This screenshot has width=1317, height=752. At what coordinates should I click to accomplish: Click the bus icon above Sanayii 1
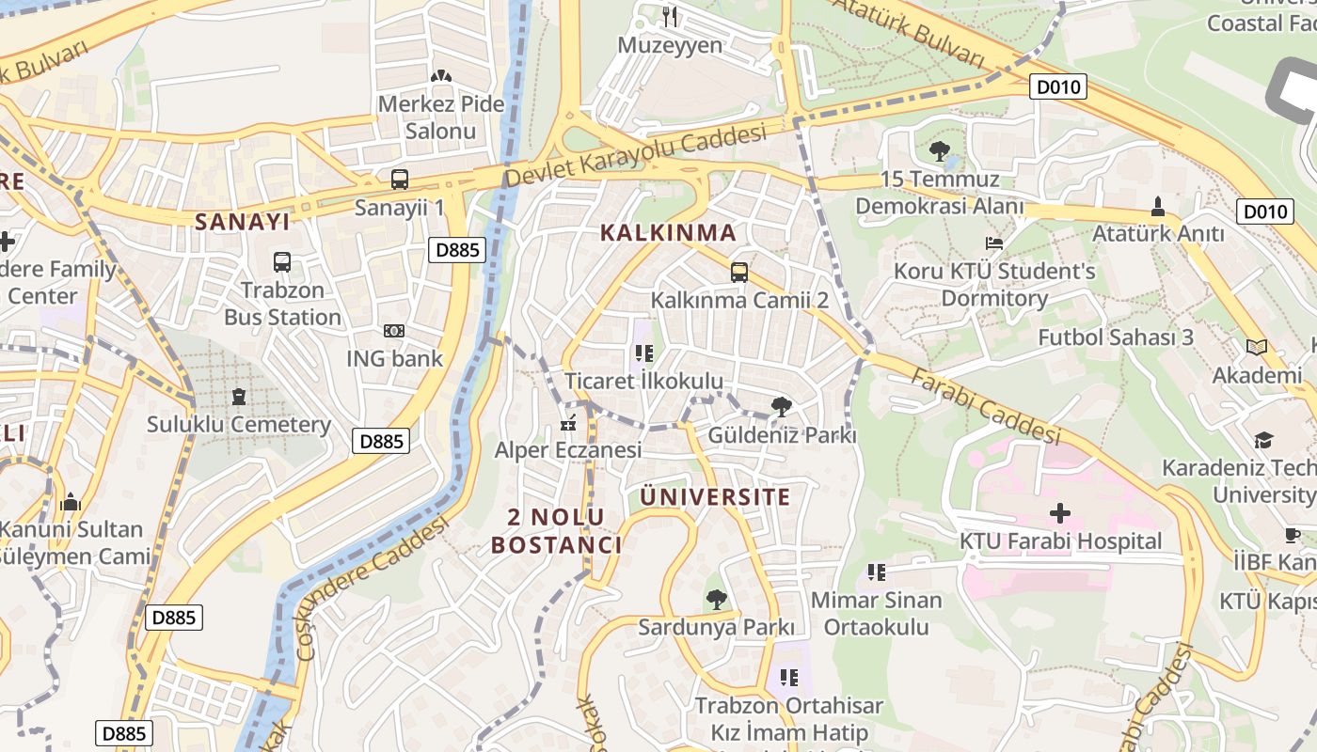(400, 179)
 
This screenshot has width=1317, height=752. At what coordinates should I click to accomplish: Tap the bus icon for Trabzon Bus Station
(282, 262)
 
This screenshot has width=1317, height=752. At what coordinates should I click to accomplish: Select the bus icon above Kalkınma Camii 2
(739, 273)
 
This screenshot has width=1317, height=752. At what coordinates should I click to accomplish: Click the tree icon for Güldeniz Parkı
(781, 407)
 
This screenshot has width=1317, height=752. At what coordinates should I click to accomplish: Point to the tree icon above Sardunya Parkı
(717, 599)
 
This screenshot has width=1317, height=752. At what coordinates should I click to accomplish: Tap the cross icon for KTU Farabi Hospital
(1060, 513)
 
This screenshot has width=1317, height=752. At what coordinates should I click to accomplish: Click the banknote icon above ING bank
(394, 331)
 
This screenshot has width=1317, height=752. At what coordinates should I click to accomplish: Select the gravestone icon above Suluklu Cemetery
(239, 397)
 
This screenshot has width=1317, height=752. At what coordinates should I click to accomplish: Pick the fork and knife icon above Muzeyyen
(670, 16)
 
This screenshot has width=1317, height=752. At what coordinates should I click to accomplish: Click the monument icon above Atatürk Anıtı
(1158, 206)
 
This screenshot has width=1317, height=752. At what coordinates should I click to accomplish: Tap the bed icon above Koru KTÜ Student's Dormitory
(994, 243)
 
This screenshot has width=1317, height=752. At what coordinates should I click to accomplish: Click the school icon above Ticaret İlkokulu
(643, 353)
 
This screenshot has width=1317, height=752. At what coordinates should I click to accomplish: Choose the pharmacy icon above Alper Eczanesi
(567, 423)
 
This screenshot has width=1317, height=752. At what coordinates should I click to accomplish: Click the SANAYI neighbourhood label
(243, 222)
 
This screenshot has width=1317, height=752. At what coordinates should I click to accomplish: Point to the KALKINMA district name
(668, 232)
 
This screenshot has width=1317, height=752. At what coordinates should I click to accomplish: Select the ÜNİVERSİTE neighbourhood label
(715, 496)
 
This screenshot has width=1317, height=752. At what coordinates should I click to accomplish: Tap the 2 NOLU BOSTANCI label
(556, 530)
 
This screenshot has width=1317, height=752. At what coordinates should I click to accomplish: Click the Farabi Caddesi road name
(986, 405)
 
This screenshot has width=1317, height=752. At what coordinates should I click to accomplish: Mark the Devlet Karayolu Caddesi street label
(635, 157)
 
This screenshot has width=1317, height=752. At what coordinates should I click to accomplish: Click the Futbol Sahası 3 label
(1116, 337)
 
